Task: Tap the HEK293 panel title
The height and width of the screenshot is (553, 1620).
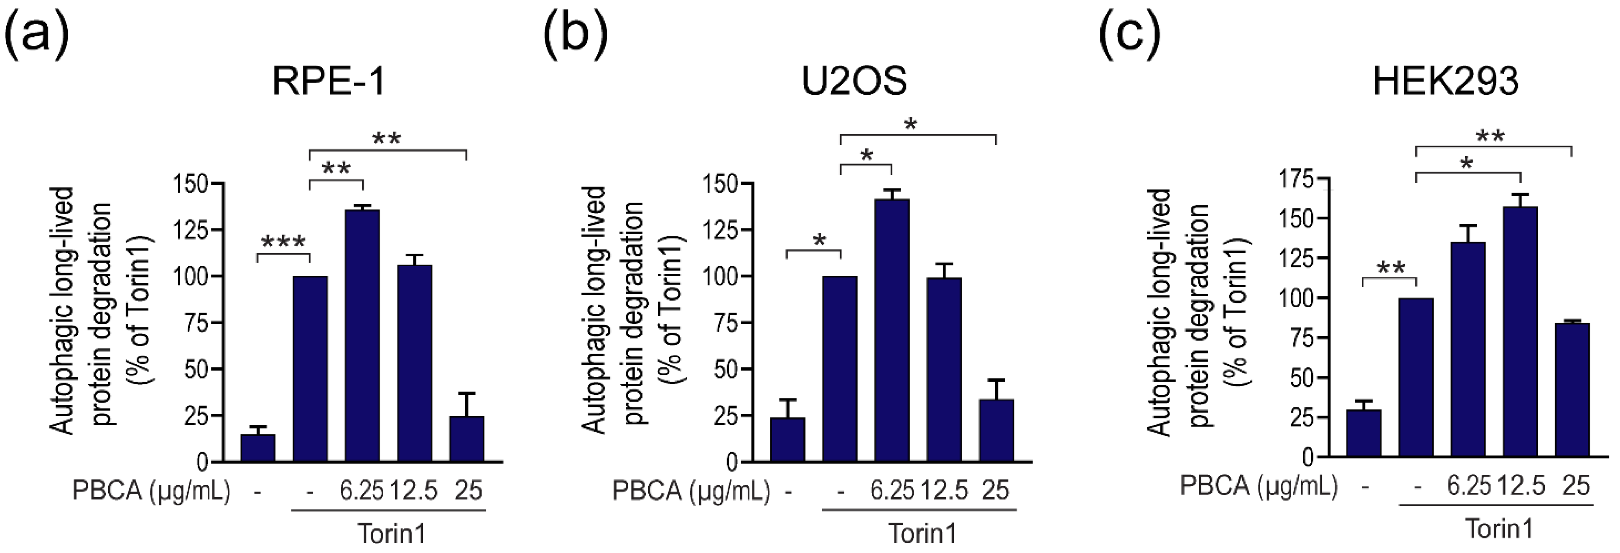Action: click(1445, 81)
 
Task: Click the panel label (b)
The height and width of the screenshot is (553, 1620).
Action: click(575, 35)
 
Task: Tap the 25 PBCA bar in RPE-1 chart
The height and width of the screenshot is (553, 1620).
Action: click(467, 439)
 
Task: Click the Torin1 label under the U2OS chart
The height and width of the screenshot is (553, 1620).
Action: click(922, 533)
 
